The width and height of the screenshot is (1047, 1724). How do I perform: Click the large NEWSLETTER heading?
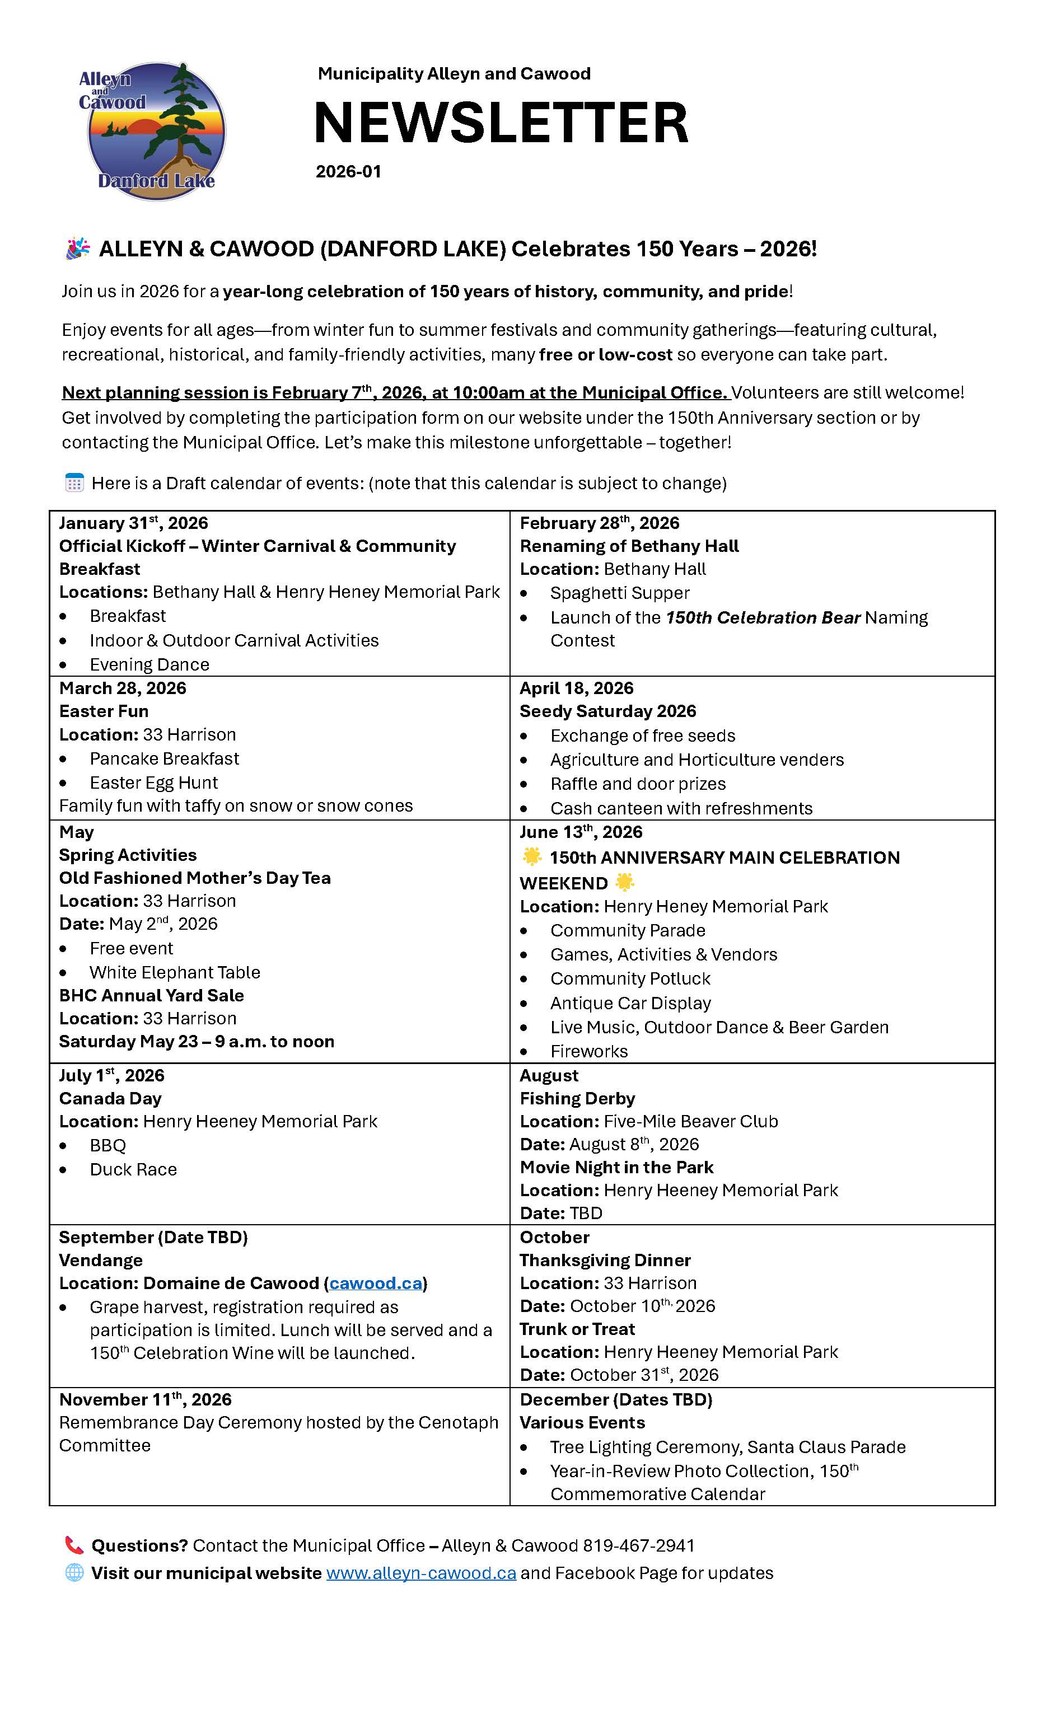tap(501, 123)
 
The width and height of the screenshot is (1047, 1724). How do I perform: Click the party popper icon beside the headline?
tap(78, 249)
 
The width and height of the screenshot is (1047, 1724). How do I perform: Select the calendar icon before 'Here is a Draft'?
tap(74, 482)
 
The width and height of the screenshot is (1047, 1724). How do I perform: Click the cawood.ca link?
tap(376, 1283)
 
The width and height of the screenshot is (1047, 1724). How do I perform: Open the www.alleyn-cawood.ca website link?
tap(420, 1573)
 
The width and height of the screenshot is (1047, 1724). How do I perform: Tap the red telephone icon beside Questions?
tap(74, 1545)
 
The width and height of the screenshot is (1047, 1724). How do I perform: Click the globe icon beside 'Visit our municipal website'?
tap(74, 1573)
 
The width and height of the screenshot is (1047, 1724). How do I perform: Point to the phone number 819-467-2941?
tap(638, 1545)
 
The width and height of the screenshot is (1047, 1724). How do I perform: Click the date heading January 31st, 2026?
tap(133, 523)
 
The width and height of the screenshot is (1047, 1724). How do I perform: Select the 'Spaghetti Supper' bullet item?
tap(619, 593)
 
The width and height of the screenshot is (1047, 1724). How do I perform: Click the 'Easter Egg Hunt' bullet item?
tap(153, 783)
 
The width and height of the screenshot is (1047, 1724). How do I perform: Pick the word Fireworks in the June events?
tap(588, 1051)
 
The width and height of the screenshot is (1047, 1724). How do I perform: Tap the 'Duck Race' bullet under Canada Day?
tap(133, 1169)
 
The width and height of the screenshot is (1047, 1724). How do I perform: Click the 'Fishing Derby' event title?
tap(577, 1098)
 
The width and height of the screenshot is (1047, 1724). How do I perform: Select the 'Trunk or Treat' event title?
tap(577, 1329)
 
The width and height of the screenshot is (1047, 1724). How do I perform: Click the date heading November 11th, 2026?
tap(145, 1399)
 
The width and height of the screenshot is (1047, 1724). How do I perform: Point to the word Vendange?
tap(101, 1260)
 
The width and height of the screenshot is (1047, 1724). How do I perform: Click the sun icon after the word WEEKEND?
tap(624, 882)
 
